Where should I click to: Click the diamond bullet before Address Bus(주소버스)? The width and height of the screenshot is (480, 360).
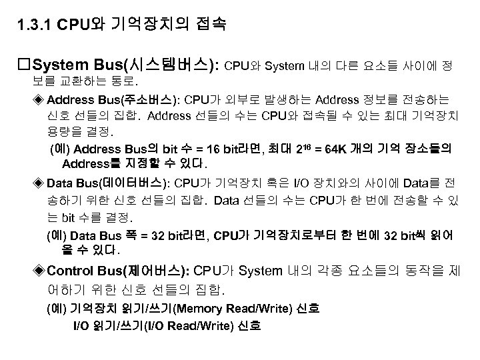click(x=40, y=101)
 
